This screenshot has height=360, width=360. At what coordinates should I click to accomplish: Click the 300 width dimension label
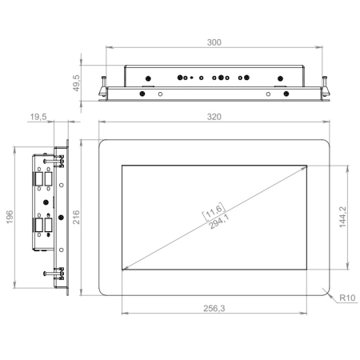pyautogui.click(x=214, y=42)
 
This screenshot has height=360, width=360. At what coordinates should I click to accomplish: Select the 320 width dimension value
pyautogui.click(x=214, y=117)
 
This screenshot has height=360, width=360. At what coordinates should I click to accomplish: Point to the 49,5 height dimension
pyautogui.click(x=76, y=83)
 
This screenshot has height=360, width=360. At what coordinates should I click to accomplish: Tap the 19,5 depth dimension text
pyautogui.click(x=38, y=117)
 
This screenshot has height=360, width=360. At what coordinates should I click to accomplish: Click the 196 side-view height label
pyautogui.click(x=10, y=217)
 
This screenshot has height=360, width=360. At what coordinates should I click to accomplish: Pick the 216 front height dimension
pyautogui.click(x=76, y=217)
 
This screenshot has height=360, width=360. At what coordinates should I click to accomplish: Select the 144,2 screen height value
pyautogui.click(x=342, y=217)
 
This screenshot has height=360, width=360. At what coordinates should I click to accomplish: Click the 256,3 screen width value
pyautogui.click(x=214, y=308)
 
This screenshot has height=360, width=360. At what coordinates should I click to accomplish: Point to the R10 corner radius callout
pyautogui.click(x=347, y=298)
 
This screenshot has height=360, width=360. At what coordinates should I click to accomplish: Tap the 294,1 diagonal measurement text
pyautogui.click(x=219, y=222)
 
